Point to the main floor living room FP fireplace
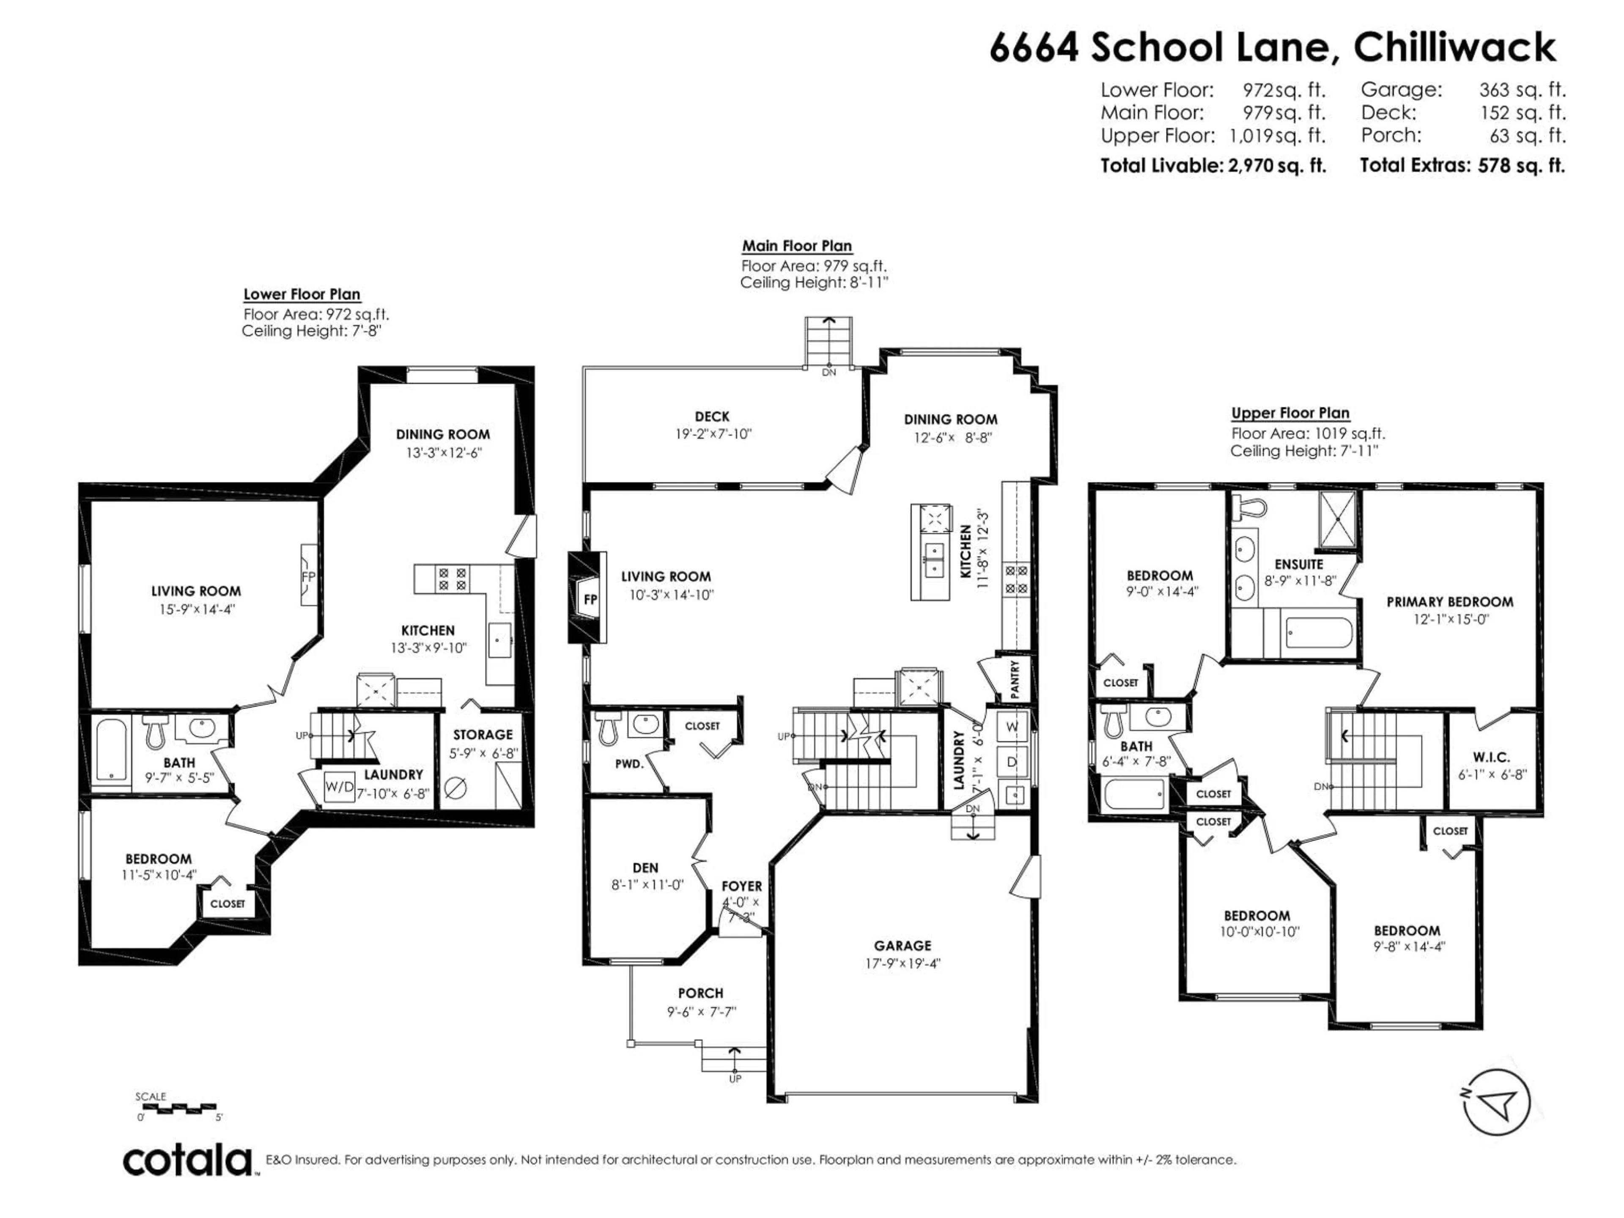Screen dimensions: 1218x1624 (590, 599)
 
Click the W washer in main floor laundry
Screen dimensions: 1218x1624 (1012, 727)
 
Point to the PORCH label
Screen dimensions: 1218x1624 (700, 993)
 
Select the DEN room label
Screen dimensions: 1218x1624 (645, 868)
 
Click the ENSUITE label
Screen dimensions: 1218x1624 (1299, 565)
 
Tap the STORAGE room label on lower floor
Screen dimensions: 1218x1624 (483, 735)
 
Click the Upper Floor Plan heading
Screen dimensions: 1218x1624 (1290, 413)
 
